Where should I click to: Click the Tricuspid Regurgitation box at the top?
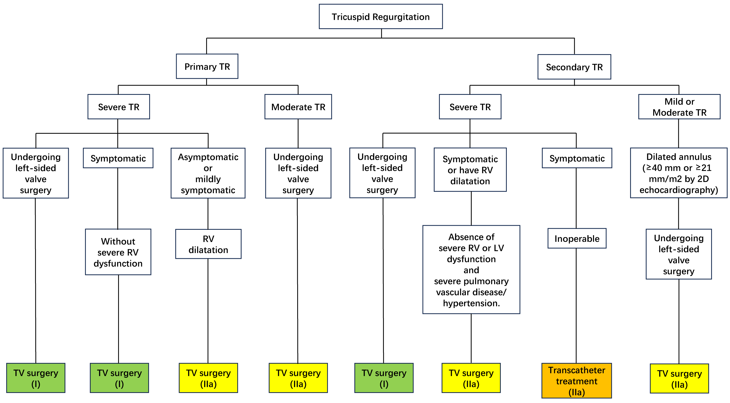pyautogui.click(x=381, y=17)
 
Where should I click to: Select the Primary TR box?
pyautogui.click(x=207, y=67)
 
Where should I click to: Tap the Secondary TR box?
pyautogui.click(x=574, y=67)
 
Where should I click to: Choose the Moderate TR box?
pyautogui.click(x=298, y=107)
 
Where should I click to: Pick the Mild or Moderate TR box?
pyautogui.click(x=679, y=107)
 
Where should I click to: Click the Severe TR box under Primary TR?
pyautogui.click(x=119, y=107)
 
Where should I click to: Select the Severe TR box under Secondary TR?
pyautogui.click(x=470, y=107)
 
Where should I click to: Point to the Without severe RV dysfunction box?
pyautogui.click(x=118, y=252)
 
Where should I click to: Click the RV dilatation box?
pyautogui.click(x=208, y=244)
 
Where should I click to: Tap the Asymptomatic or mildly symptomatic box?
pyautogui.click(x=208, y=173)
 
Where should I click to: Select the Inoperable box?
pyautogui.click(x=577, y=239)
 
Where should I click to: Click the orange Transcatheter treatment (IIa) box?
pyautogui.click(x=576, y=381)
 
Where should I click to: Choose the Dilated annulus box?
pyautogui.click(x=679, y=173)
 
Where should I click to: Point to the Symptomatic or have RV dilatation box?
pyautogui.click(x=470, y=170)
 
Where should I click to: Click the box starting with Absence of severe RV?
pyautogui.click(x=471, y=269)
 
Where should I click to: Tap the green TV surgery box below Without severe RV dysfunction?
pyautogui.click(x=119, y=378)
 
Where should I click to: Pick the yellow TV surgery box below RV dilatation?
pyautogui.click(x=208, y=378)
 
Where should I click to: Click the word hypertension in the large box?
pyautogui.click(x=471, y=303)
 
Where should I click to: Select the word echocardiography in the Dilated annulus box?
pyautogui.click(x=679, y=190)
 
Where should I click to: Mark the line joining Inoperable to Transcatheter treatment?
pyautogui.click(x=576, y=306)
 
